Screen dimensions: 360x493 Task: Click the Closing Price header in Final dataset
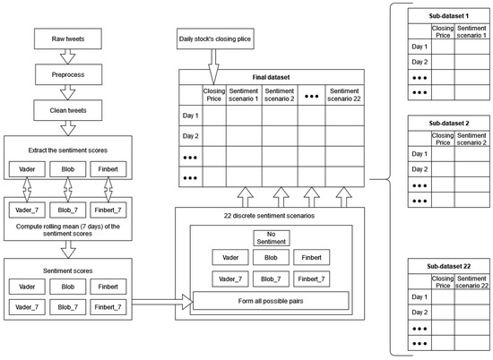(x=214, y=95)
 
